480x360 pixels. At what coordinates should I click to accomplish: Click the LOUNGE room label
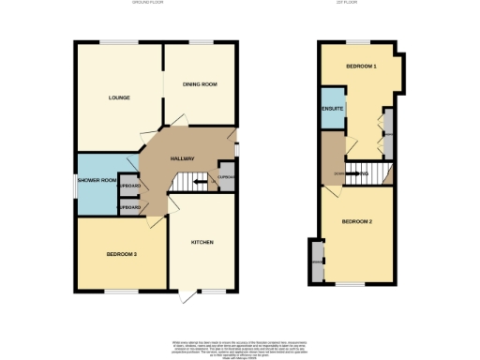pyautogui.click(x=118, y=97)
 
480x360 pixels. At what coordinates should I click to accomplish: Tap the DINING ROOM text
pyautogui.click(x=200, y=85)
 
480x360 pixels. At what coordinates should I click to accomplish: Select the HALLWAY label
pyautogui.click(x=182, y=158)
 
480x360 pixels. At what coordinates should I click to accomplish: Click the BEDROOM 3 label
pyautogui.click(x=121, y=254)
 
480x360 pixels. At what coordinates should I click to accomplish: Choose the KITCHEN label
pyautogui.click(x=202, y=242)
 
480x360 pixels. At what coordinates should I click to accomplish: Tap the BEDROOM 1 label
pyautogui.click(x=360, y=67)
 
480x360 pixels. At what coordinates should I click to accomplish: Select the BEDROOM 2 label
pyautogui.click(x=357, y=221)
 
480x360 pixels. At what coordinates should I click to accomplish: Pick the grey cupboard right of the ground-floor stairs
pyautogui.click(x=225, y=177)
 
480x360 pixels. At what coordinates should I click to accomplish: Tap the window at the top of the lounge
pyautogui.click(x=118, y=41)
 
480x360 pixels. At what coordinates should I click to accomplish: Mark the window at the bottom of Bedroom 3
pyautogui.click(x=118, y=292)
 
